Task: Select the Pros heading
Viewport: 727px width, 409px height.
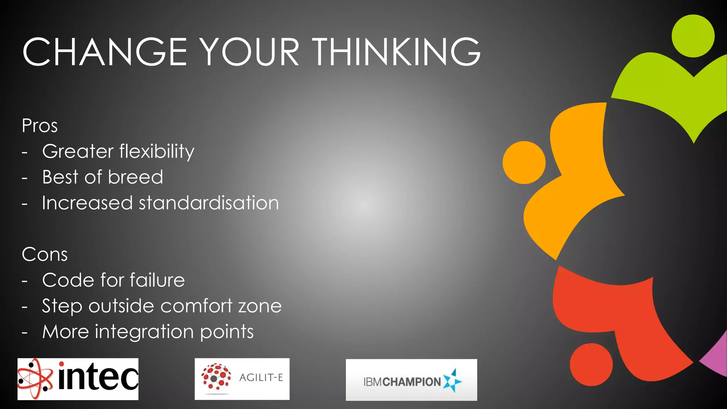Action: tap(39, 126)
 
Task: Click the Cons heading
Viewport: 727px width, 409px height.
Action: tap(44, 255)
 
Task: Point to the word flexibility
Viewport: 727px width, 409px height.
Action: tap(157, 152)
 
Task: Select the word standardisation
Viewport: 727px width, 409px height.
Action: tap(209, 203)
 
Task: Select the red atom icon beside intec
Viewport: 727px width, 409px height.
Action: tap(35, 379)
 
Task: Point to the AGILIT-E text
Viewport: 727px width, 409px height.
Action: tap(261, 377)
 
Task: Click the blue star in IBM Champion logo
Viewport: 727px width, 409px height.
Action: tap(452, 381)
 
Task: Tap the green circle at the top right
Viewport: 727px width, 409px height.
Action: tap(693, 36)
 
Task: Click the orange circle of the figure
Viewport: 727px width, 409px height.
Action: tap(524, 163)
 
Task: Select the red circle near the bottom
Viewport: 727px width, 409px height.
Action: tap(591, 365)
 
